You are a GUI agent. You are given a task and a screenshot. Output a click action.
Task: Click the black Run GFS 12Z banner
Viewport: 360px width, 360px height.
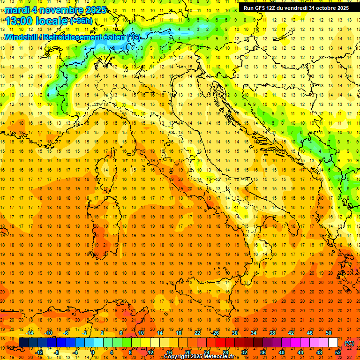296,8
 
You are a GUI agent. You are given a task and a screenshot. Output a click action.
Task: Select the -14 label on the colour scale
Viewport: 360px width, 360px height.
29,333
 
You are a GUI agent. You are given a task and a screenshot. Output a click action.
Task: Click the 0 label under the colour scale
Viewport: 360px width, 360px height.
92,352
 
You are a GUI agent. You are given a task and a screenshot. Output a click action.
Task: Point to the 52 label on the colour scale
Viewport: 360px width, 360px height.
338,352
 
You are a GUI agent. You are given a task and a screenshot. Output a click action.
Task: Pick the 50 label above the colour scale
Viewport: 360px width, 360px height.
329,333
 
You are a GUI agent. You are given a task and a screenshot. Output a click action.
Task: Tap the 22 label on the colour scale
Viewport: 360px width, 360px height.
197,333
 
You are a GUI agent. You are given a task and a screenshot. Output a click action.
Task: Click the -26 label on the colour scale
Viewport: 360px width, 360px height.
216,333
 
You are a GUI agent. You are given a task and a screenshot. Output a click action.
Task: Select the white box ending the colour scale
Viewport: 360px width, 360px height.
333,342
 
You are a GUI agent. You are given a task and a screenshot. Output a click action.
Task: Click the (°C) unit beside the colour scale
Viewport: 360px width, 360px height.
349,343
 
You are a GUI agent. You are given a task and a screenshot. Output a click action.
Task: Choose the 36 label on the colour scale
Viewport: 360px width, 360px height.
263,352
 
